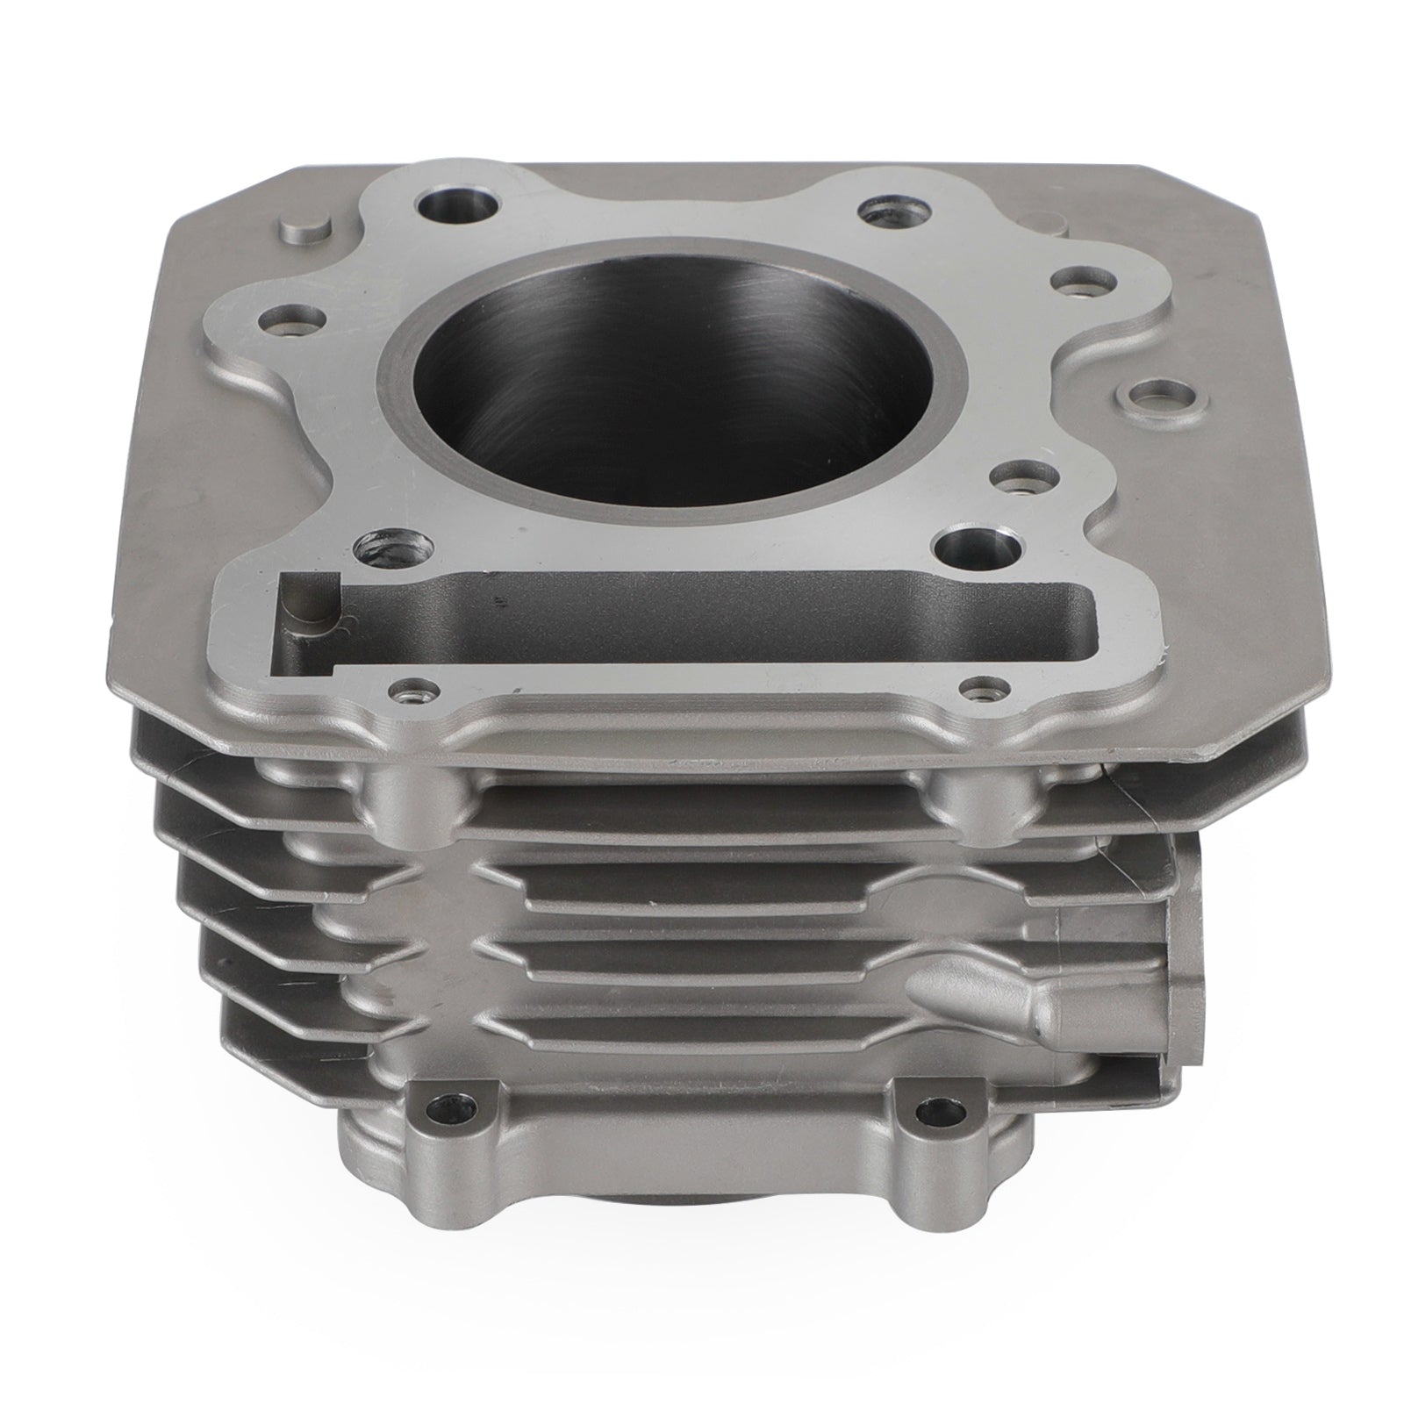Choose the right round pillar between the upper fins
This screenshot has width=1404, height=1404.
click(x=974, y=790)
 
